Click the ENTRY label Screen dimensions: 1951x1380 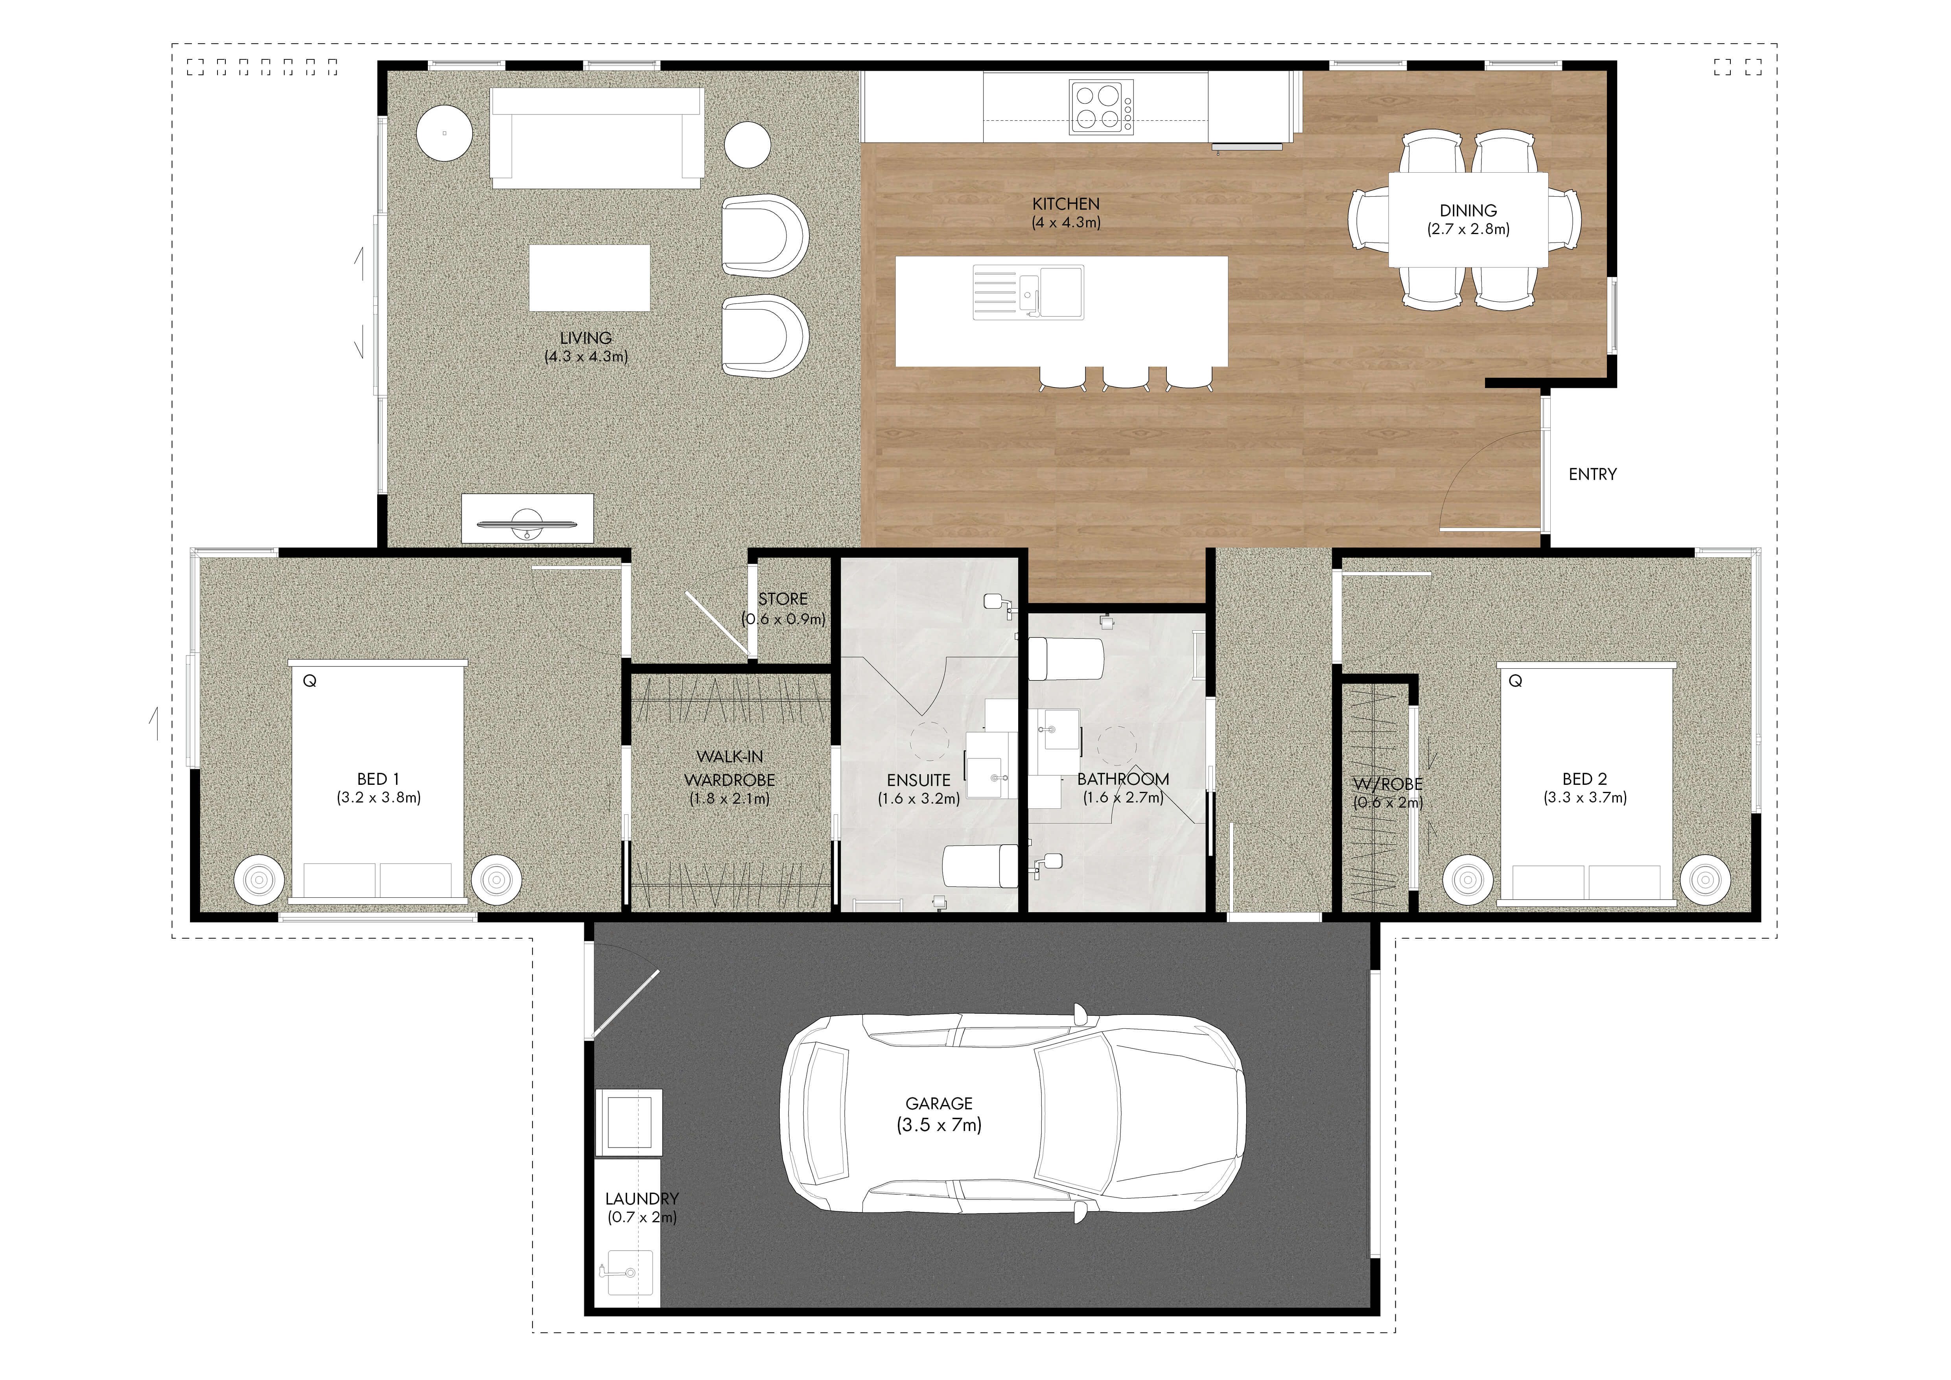(1592, 474)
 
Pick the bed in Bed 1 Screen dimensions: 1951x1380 (378, 782)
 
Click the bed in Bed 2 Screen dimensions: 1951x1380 (1586, 782)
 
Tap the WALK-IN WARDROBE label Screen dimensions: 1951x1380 (730, 768)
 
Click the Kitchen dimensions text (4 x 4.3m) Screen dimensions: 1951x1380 (1067, 223)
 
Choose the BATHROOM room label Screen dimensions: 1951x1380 (1123, 779)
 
